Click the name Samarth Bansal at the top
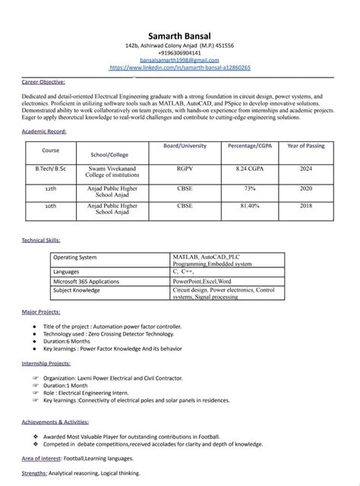coord(179,36)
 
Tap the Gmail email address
coord(179,60)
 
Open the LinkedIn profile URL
coord(180,68)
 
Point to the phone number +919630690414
coord(179,53)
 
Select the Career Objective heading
coord(43,81)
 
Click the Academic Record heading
coord(44,131)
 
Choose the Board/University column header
coord(185,145)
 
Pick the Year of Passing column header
coord(305,145)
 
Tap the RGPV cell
coord(185,167)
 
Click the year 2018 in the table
coord(305,206)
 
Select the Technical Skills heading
coord(41,240)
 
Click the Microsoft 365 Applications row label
coord(86,280)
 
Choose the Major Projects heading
coord(40,312)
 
